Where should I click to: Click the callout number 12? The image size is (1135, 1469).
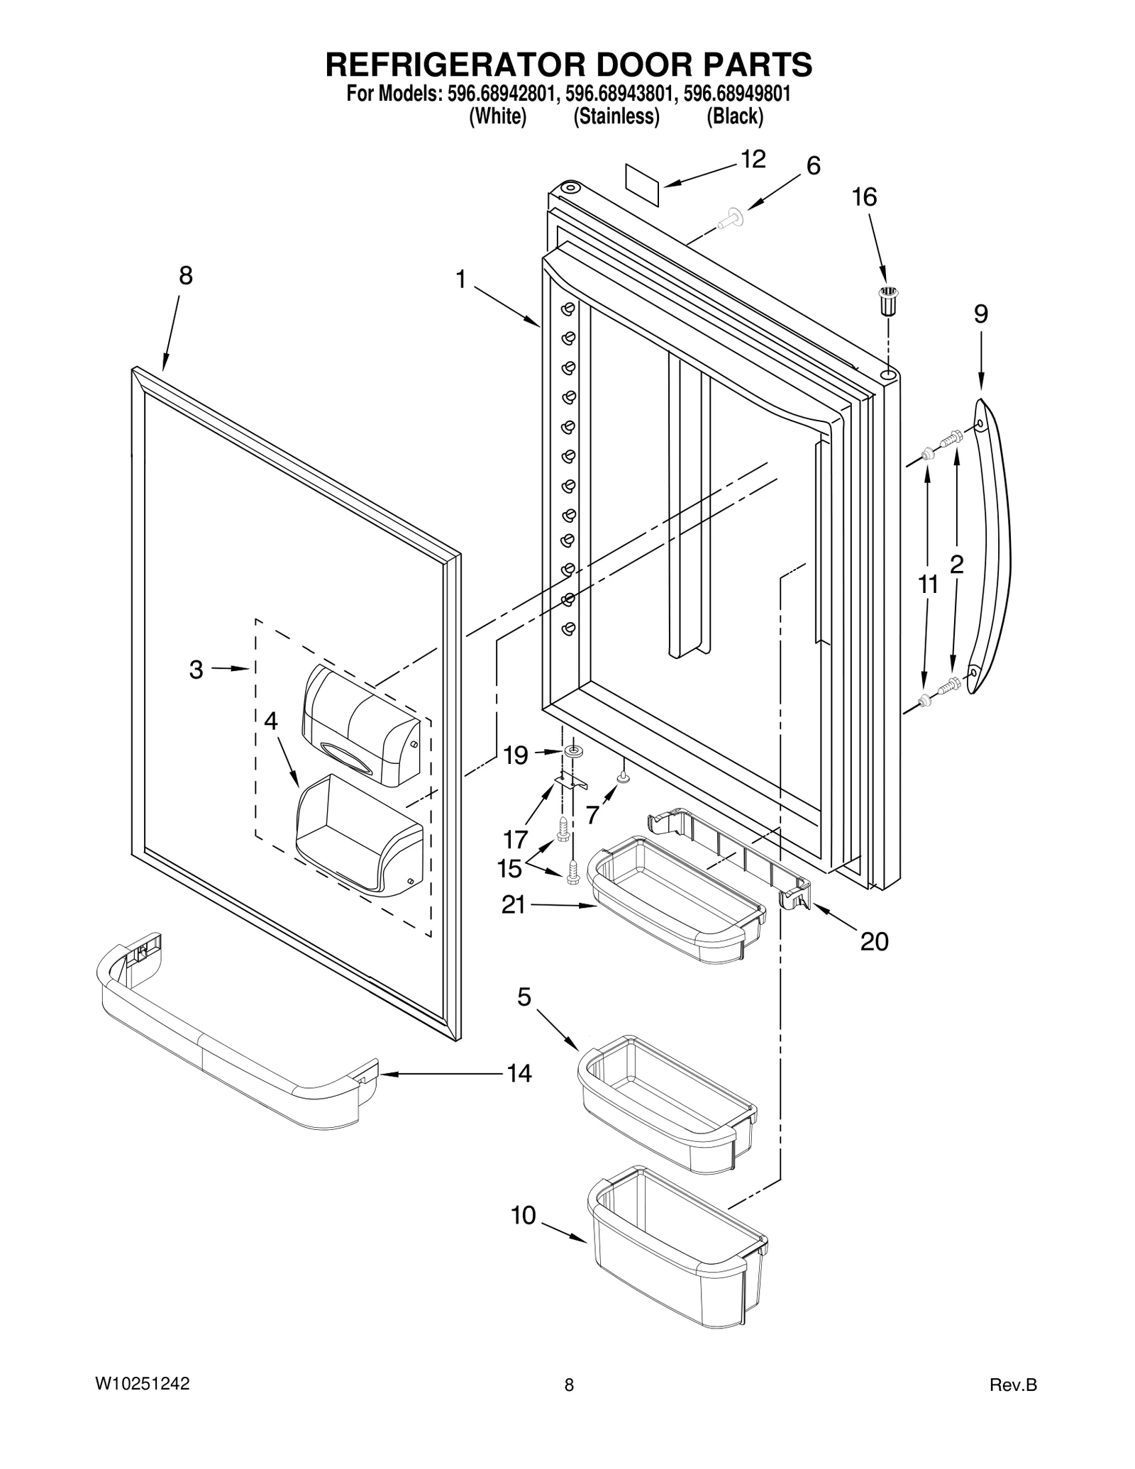753,160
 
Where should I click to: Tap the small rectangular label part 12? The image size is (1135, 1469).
643,184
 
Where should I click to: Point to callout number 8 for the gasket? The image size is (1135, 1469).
185,275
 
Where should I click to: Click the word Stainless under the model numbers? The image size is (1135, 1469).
616,116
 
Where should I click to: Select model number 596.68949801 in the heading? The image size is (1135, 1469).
736,94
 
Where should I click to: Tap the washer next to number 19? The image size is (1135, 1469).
572,750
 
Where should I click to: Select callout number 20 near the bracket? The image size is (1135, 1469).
874,941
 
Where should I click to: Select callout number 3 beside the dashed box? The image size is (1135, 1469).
196,670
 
